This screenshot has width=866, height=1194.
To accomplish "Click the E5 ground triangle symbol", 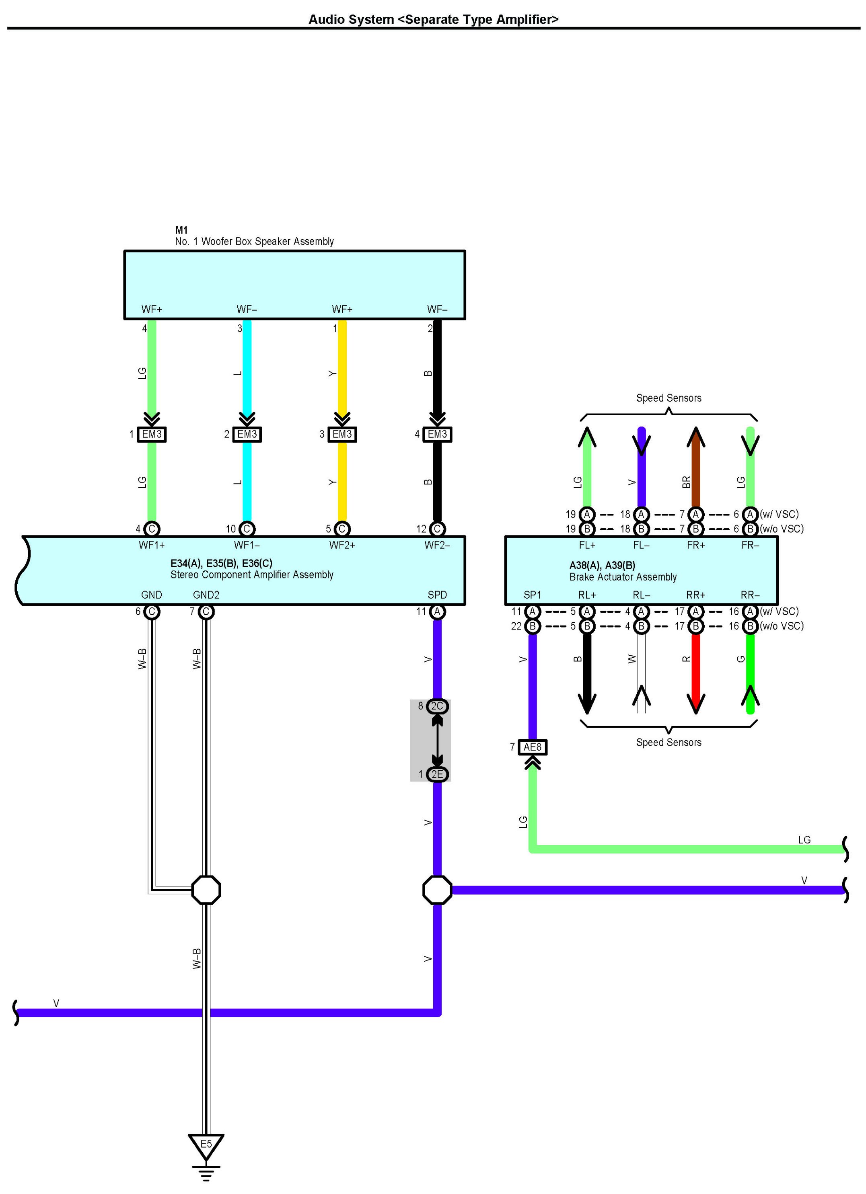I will pyautogui.click(x=206, y=1146).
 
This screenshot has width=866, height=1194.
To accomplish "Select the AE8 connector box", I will pyautogui.click(x=532, y=747).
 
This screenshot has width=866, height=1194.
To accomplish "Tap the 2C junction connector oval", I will pyautogui.click(x=437, y=706).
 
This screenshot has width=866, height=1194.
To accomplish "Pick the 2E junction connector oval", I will pyautogui.click(x=437, y=774).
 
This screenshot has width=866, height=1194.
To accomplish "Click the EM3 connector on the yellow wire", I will pyautogui.click(x=342, y=434).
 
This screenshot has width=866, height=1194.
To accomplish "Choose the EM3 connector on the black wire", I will pyautogui.click(x=437, y=434).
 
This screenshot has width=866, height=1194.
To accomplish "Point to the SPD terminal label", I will pyautogui.click(x=437, y=595).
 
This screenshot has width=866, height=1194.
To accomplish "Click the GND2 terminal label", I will pyautogui.click(x=206, y=595).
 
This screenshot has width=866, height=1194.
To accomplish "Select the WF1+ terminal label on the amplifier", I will pyautogui.click(x=152, y=545).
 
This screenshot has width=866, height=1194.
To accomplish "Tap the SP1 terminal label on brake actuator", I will pyautogui.click(x=532, y=595).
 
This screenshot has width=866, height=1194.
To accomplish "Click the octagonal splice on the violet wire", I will pyautogui.click(x=437, y=890).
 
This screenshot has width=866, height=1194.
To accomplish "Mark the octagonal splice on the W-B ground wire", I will pyautogui.click(x=206, y=890).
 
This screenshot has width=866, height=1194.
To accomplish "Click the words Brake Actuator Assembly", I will pyautogui.click(x=623, y=577).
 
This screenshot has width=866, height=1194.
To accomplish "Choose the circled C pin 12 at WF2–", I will pyautogui.click(x=437, y=529).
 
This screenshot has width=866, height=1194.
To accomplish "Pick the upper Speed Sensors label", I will pyautogui.click(x=669, y=398).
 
